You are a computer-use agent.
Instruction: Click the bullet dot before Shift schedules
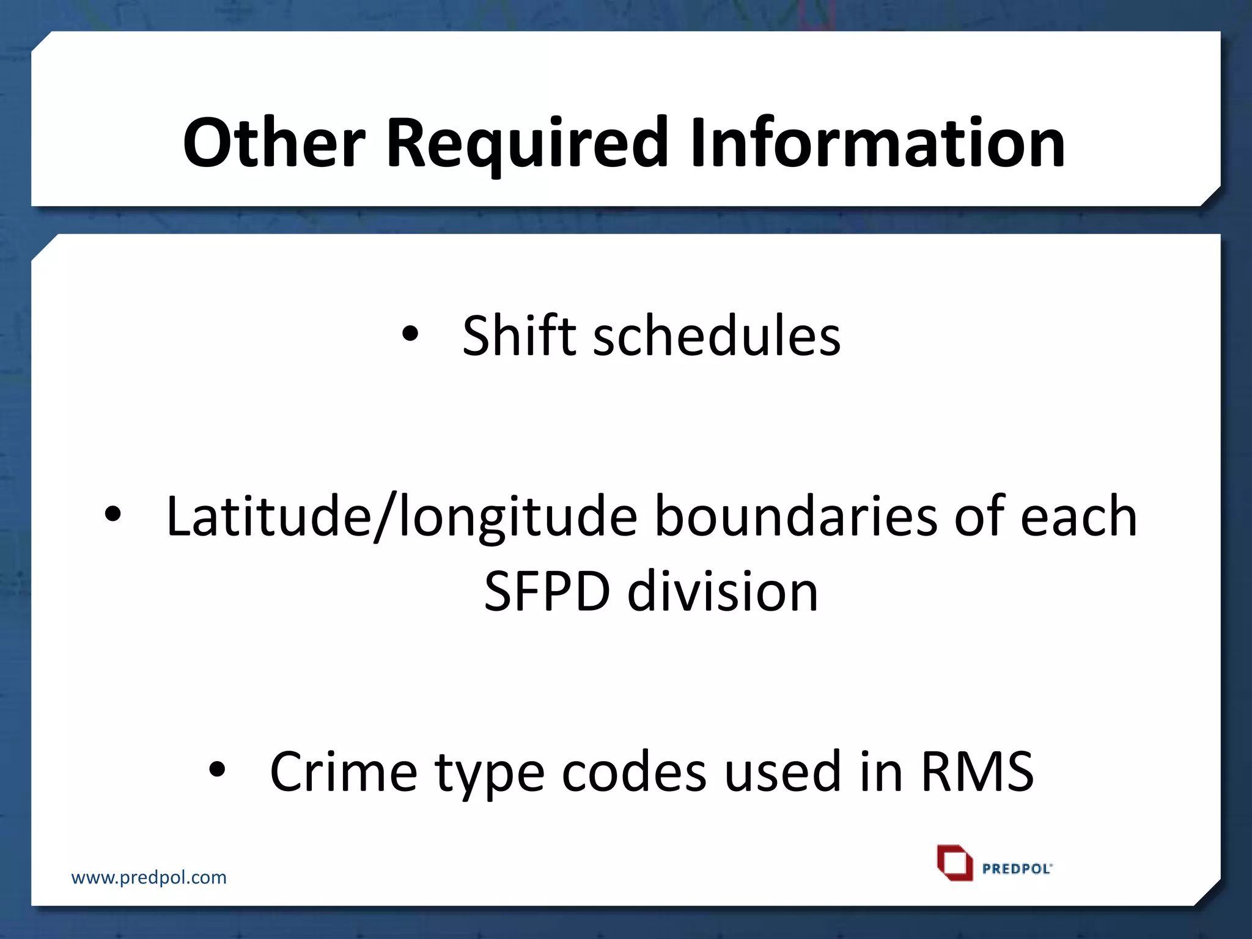click(410, 334)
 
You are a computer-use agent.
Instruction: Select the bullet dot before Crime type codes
click(218, 770)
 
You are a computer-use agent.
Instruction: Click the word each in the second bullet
click(1078, 517)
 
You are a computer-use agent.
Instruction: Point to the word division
click(723, 591)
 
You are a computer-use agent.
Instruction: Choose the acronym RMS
click(977, 771)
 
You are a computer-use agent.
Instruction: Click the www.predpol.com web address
click(149, 877)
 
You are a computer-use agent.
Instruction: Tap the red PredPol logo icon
click(954, 863)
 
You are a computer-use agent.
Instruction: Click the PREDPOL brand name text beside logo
click(1017, 869)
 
